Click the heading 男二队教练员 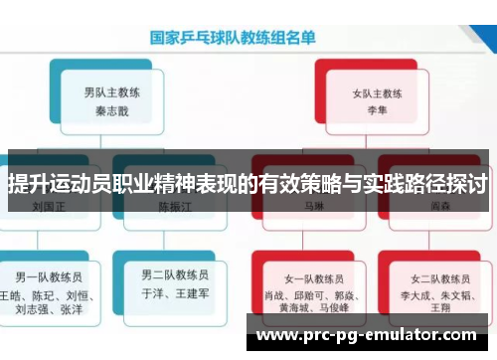[174, 274]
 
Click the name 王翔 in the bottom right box [438, 310]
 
